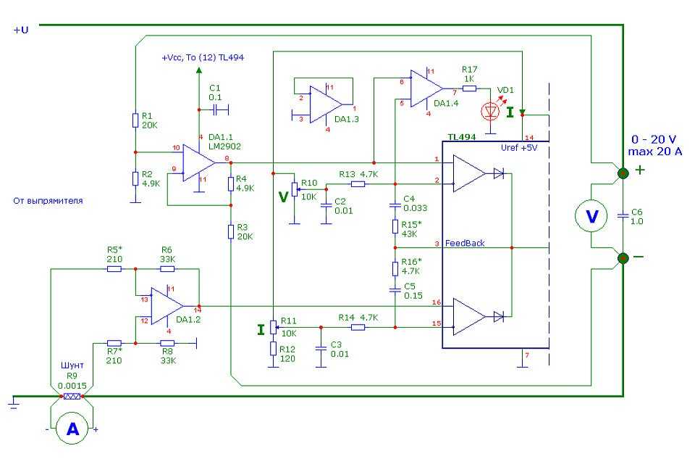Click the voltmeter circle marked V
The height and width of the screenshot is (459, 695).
[x=591, y=216]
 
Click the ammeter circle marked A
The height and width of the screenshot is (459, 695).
[x=72, y=429]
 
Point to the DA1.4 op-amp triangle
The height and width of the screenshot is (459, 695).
[x=425, y=88]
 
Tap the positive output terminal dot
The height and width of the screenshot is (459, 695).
[x=623, y=173]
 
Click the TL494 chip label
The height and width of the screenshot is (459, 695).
[x=461, y=136]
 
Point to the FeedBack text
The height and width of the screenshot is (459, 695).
[x=465, y=244]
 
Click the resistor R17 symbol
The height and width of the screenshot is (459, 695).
[x=469, y=88]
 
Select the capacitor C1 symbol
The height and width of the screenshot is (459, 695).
[x=217, y=109]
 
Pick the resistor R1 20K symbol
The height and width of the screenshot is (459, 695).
[x=135, y=120]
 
